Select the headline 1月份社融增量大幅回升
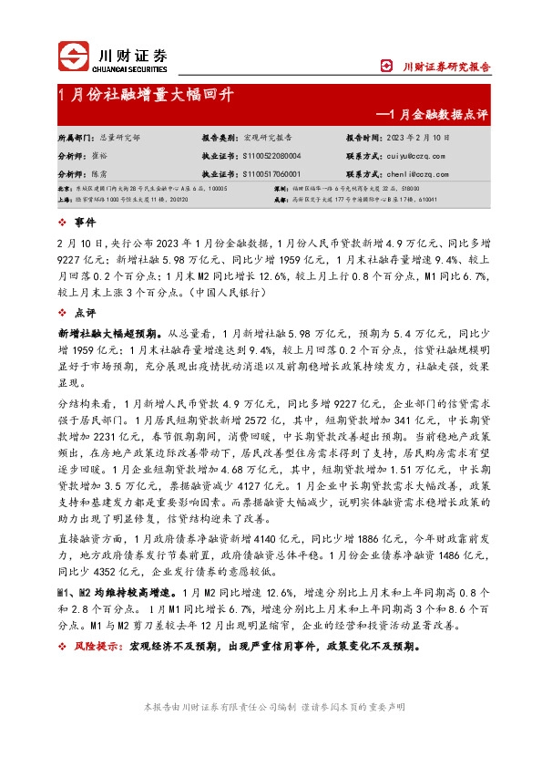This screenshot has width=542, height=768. pos(146,95)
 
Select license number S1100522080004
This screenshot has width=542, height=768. pos(274,156)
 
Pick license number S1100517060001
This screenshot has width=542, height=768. pos(274,173)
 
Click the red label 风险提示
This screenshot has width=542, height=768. pos(98,646)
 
